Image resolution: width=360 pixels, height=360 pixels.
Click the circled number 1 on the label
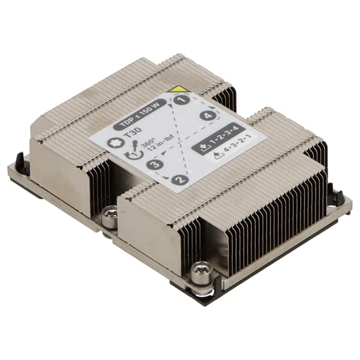184,100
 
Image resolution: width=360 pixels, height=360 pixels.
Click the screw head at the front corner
201,270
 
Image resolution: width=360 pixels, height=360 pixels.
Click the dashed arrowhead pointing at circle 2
171,175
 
